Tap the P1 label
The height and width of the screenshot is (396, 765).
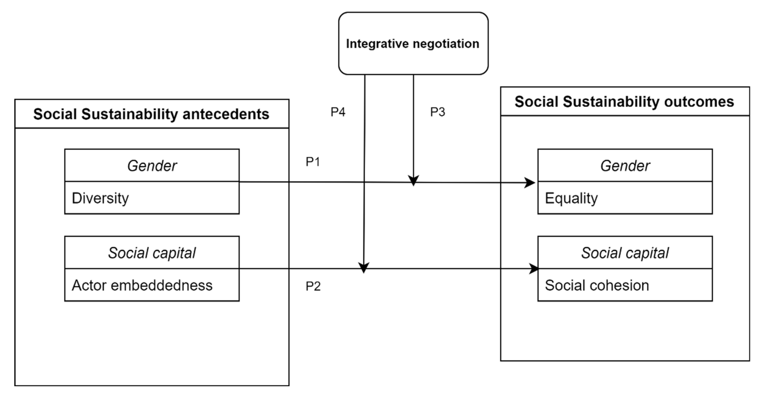coord(313,162)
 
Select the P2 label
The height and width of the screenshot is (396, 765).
coord(313,286)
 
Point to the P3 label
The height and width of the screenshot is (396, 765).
coord(437,112)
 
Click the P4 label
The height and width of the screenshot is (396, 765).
coord(338,112)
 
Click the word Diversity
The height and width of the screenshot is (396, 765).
coord(100,198)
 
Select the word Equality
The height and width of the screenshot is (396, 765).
coord(571,198)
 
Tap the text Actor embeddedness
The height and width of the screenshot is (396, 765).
coord(142,285)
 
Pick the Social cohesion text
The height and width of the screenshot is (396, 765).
coord(597,285)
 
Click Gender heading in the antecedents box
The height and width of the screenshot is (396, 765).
coord(152,166)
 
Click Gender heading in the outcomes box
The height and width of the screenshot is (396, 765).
coord(625,166)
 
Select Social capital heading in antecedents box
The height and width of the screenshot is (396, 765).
coord(152,253)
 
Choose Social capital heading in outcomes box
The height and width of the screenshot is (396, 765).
coord(625,253)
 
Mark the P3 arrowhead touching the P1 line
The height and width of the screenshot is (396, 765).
coord(413,180)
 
